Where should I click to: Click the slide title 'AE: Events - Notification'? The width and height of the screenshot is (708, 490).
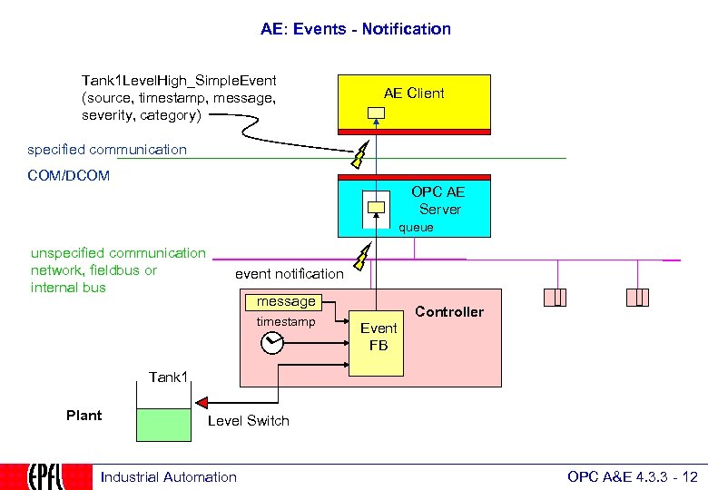click(x=355, y=29)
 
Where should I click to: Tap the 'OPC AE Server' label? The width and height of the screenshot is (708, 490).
click(x=439, y=201)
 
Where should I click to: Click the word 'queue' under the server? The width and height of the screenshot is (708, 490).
click(x=416, y=228)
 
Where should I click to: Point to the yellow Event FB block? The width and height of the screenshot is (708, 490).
click(x=379, y=337)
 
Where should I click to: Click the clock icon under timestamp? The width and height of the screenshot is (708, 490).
click(x=271, y=343)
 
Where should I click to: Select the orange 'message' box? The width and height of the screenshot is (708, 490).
click(x=286, y=301)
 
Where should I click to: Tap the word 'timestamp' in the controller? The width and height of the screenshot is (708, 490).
click(x=285, y=322)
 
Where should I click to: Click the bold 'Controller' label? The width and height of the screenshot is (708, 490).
click(x=449, y=311)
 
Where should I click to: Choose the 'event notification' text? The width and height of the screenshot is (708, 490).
click(x=289, y=273)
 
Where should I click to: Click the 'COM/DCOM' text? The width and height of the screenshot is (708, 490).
click(x=68, y=176)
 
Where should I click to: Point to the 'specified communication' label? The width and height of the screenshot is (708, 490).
click(x=107, y=150)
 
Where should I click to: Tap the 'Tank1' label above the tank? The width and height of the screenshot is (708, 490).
click(x=168, y=377)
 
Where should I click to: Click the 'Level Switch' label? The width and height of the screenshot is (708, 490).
click(x=248, y=421)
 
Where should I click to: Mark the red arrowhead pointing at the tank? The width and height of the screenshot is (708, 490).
click(x=201, y=402)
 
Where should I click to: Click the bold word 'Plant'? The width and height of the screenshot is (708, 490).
click(x=84, y=416)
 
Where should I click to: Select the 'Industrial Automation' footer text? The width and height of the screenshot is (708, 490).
click(x=168, y=477)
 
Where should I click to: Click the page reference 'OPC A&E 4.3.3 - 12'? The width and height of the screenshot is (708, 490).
click(x=632, y=477)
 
